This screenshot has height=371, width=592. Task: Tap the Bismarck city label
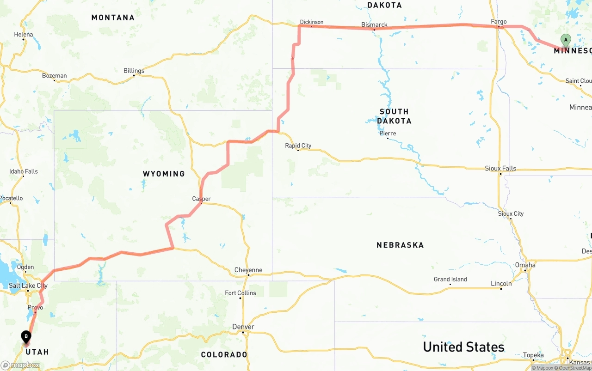374,24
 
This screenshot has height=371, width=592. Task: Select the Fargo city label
499,22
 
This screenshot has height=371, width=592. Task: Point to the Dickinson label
312,22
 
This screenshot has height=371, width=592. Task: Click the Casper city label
201,199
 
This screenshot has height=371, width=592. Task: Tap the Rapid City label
298,146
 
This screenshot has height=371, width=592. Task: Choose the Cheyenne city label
248,270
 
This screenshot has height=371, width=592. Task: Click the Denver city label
243,327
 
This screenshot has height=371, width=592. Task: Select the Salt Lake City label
28,286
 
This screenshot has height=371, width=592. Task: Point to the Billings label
134,71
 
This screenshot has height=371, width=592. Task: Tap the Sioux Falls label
500,168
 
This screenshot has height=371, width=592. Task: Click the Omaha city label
525,265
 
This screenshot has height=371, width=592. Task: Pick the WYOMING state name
164,174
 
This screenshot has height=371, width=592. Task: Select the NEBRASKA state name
400,245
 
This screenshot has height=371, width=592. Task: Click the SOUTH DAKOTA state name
394,116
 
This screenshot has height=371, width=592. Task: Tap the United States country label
463,347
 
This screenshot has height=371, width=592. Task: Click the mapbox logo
20,365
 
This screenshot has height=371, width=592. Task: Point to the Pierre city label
388,134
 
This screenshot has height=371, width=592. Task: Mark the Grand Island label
450,279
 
